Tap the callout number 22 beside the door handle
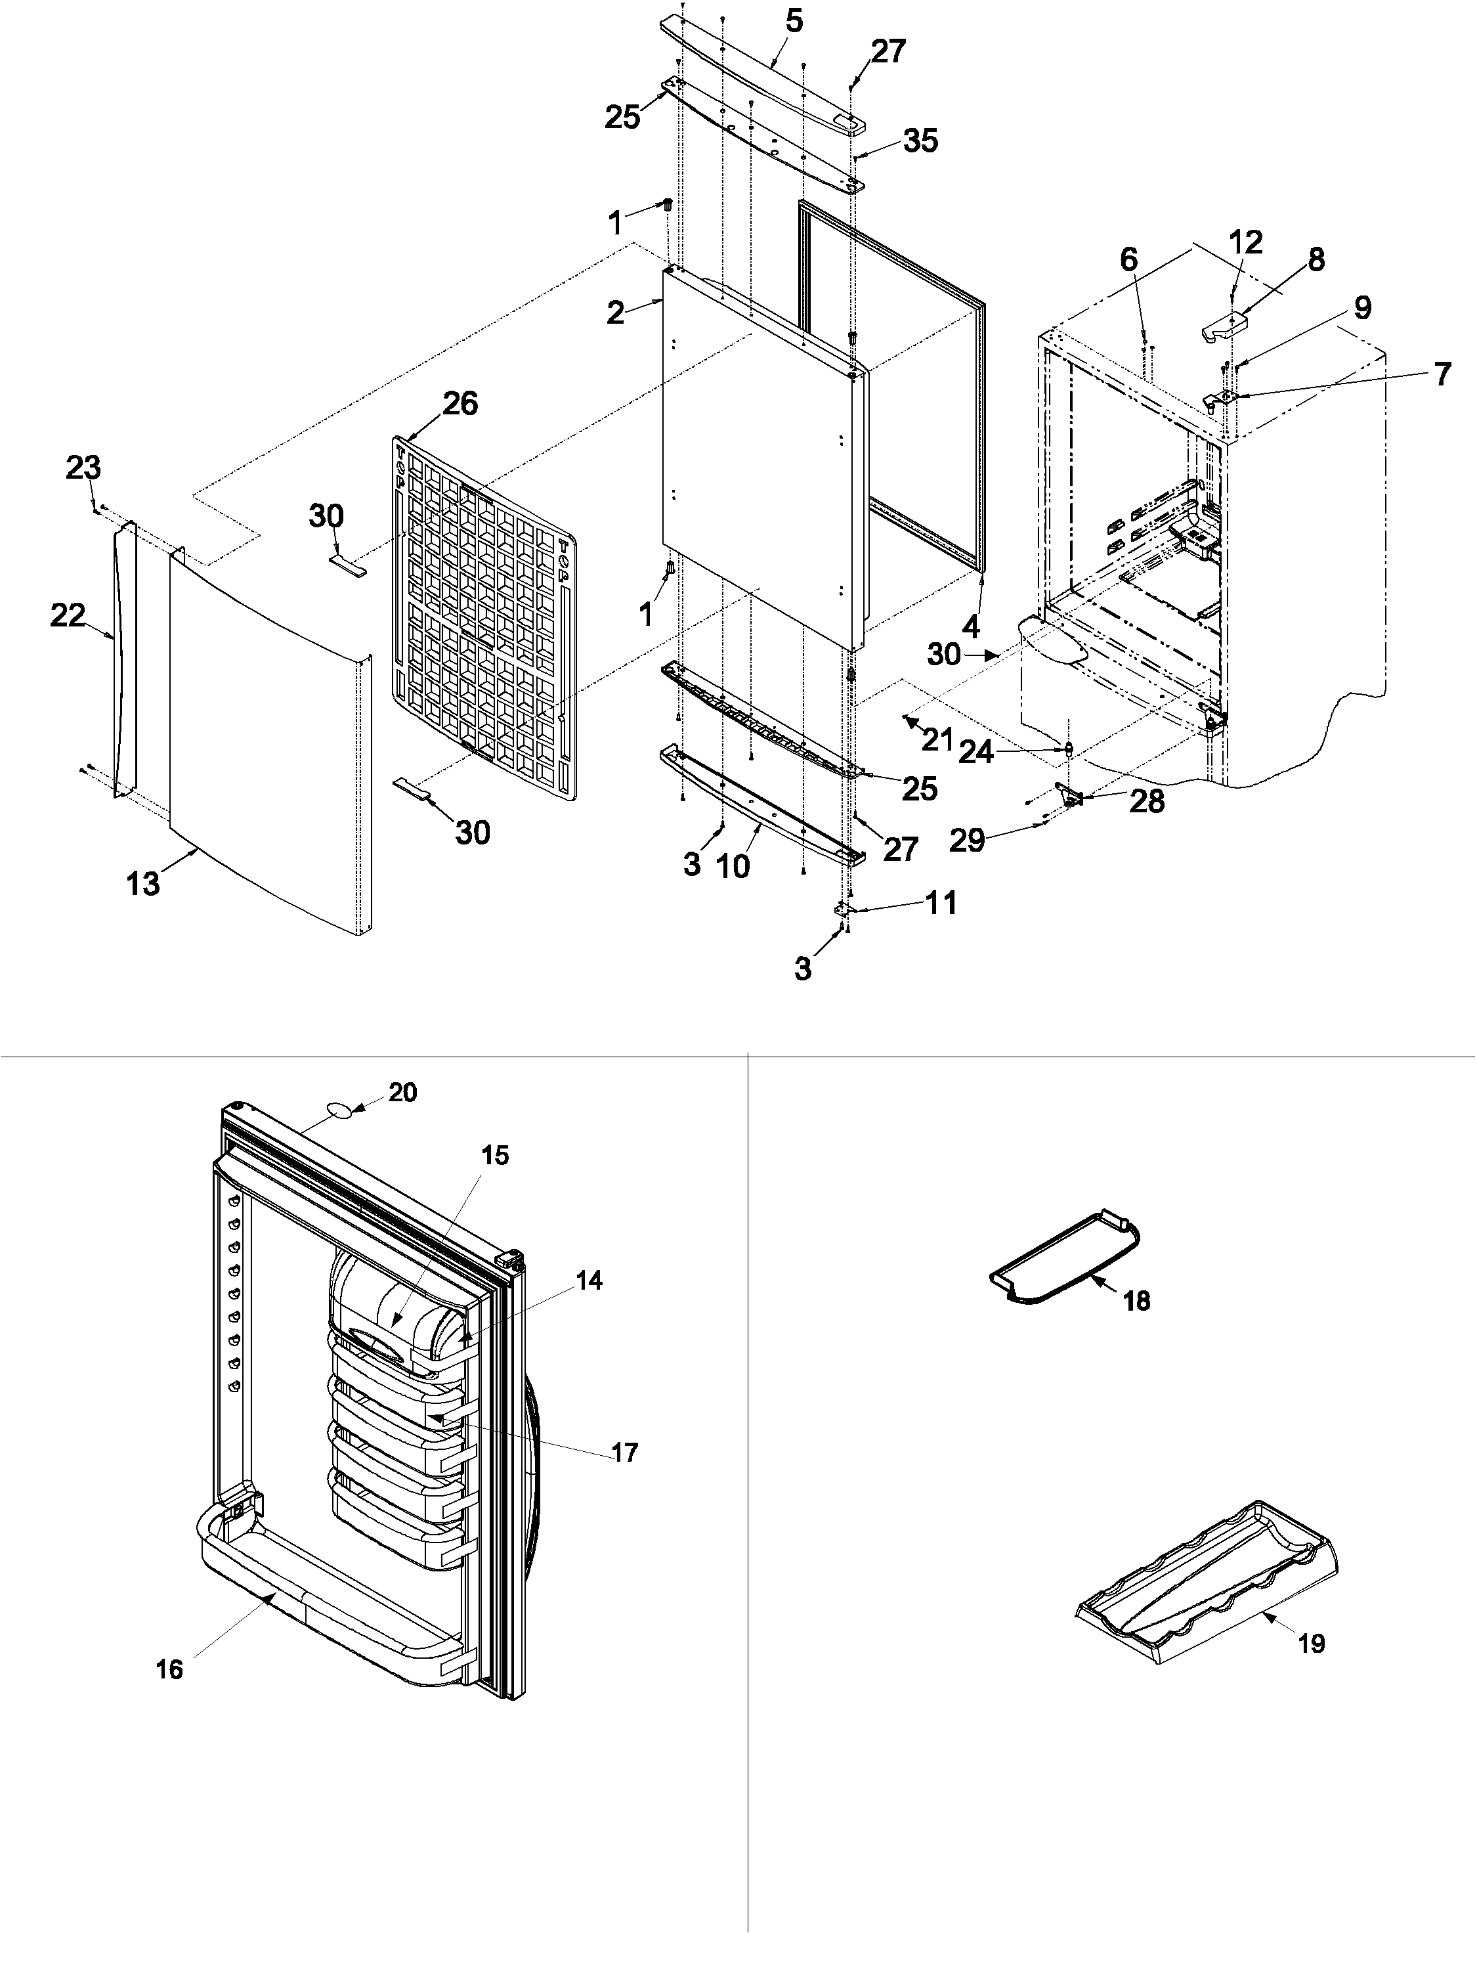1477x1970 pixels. tap(68, 615)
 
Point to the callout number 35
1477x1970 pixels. tap(920, 141)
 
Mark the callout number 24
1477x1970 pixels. tap(975, 753)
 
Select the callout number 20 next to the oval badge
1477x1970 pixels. tap(402, 1092)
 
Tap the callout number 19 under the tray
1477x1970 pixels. tap(1312, 1643)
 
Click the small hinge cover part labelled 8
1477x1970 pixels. tap(1225, 327)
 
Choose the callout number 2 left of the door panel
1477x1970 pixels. tap(615, 313)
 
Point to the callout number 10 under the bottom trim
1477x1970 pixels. tap(734, 865)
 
